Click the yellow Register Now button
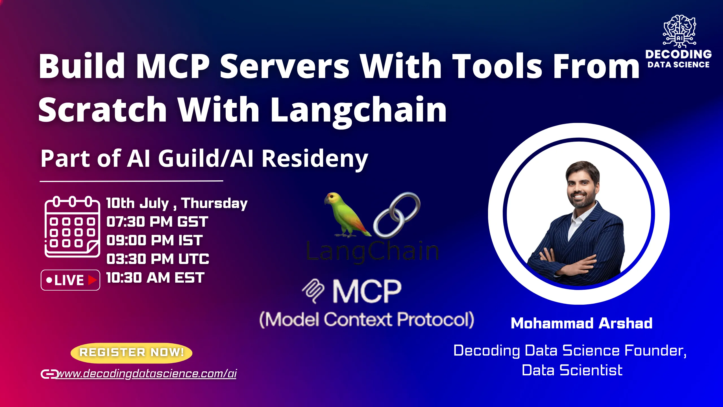pyautogui.click(x=131, y=353)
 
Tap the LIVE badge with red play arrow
pyautogui.click(x=70, y=280)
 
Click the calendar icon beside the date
pyautogui.click(x=72, y=226)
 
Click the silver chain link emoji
pyautogui.click(x=397, y=215)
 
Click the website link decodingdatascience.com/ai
pyautogui.click(x=146, y=374)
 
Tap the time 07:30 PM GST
pyautogui.click(x=157, y=222)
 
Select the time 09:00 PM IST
pyautogui.click(x=154, y=241)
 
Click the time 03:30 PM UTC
pyautogui.click(x=158, y=259)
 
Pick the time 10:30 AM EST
pyautogui.click(x=155, y=278)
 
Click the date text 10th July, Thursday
pyautogui.click(x=177, y=203)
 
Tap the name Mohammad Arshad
pyautogui.click(x=582, y=323)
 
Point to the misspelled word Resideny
pyautogui.click(x=315, y=159)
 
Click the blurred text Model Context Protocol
pyautogui.click(x=367, y=320)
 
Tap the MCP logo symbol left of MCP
pyautogui.click(x=313, y=291)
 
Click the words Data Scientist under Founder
pyautogui.click(x=572, y=371)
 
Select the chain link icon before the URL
pyautogui.click(x=49, y=374)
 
